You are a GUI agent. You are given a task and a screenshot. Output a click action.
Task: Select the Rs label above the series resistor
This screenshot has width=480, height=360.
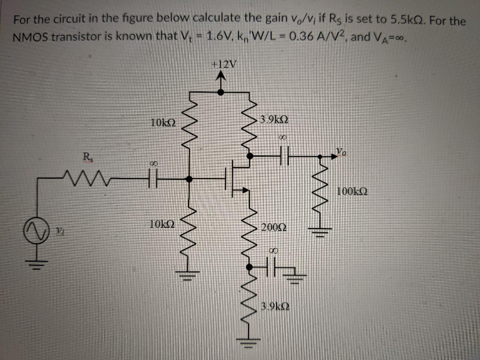(87, 156)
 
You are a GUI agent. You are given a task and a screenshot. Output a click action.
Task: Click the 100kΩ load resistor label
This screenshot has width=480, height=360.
(352, 192)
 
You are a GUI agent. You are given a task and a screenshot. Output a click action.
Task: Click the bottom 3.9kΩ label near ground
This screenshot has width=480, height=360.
(275, 306)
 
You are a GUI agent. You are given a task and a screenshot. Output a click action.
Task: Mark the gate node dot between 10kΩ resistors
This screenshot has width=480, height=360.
(189, 179)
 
